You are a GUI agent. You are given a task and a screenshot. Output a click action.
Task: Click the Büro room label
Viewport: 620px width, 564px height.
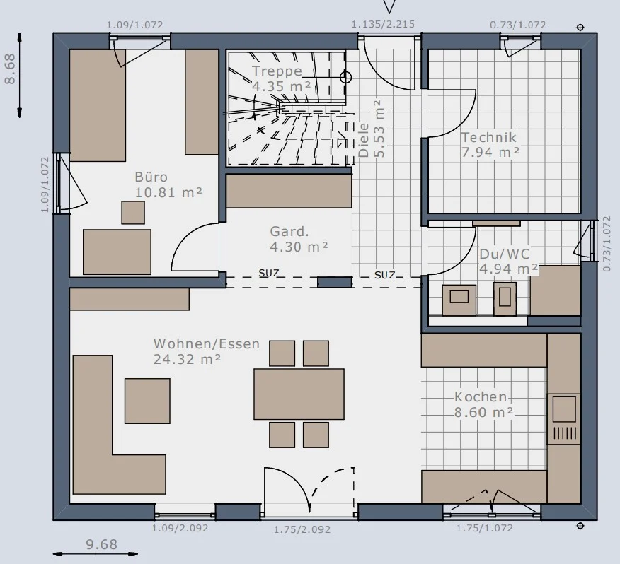pos(151,177)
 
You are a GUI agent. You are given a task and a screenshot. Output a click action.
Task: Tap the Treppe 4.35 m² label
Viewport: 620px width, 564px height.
pos(281,78)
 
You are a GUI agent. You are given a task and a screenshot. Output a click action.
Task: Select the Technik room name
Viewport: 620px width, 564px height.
pos(489,137)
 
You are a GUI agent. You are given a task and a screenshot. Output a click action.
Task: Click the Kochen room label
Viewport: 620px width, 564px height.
pos(481,396)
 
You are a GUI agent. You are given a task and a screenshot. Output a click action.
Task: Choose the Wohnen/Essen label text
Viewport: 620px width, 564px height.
pos(207,343)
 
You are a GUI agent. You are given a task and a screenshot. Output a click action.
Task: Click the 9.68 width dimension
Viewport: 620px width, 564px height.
pos(102,544)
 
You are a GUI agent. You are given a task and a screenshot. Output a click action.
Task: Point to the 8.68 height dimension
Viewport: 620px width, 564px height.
pos(10,69)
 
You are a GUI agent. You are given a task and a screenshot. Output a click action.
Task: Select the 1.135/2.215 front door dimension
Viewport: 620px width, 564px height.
pos(383,25)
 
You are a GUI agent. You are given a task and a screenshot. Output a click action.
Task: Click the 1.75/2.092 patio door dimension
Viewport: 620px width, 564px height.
pos(302,529)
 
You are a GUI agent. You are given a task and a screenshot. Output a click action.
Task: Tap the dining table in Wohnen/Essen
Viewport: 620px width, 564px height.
pos(299,394)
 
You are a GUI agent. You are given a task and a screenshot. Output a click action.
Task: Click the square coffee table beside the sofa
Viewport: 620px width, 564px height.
pos(147,401)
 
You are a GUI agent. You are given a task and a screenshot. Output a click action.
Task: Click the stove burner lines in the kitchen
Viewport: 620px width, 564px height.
pos(564,434)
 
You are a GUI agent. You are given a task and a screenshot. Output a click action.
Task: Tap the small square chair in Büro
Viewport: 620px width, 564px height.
pos(133,213)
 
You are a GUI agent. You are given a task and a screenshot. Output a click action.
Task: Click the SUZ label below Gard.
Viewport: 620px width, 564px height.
pos(269,273)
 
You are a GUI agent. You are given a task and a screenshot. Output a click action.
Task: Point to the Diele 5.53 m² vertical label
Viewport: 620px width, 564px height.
pos(372,129)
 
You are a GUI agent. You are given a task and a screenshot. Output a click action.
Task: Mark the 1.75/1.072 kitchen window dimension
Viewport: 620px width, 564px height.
pos(485,528)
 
